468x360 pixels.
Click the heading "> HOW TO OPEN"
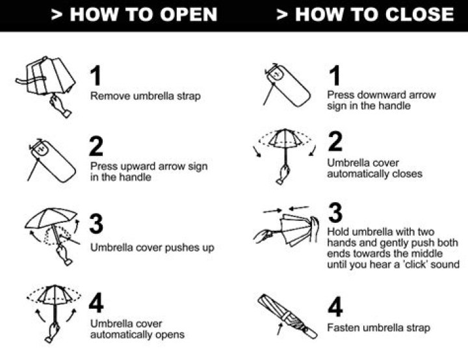[x=134, y=15]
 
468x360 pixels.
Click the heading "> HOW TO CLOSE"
[x=365, y=15]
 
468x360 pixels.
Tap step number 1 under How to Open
[x=96, y=76]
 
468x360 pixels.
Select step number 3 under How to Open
[x=96, y=224]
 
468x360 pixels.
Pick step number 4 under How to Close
[x=335, y=307]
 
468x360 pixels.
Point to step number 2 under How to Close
[x=335, y=141]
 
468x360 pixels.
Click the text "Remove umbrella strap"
[x=146, y=96]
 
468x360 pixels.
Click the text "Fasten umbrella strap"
[x=378, y=328]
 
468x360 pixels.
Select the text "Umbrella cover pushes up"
[x=152, y=248]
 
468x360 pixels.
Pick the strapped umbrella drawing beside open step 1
[x=45, y=83]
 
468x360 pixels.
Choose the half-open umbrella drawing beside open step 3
[x=52, y=234]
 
